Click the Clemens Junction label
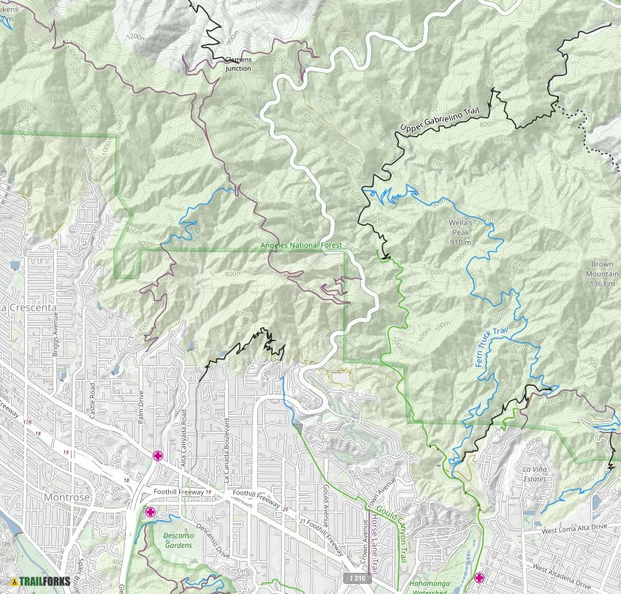pyautogui.click(x=237, y=64)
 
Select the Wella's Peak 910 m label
pyautogui.click(x=460, y=232)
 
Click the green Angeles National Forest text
pyautogui.click(x=301, y=245)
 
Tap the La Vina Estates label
pyautogui.click(x=533, y=473)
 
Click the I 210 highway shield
pyautogui.click(x=354, y=578)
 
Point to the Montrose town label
pyautogui.click(x=66, y=497)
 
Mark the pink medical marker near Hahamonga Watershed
pyautogui.click(x=479, y=578)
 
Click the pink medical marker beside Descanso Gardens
pyautogui.click(x=151, y=511)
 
